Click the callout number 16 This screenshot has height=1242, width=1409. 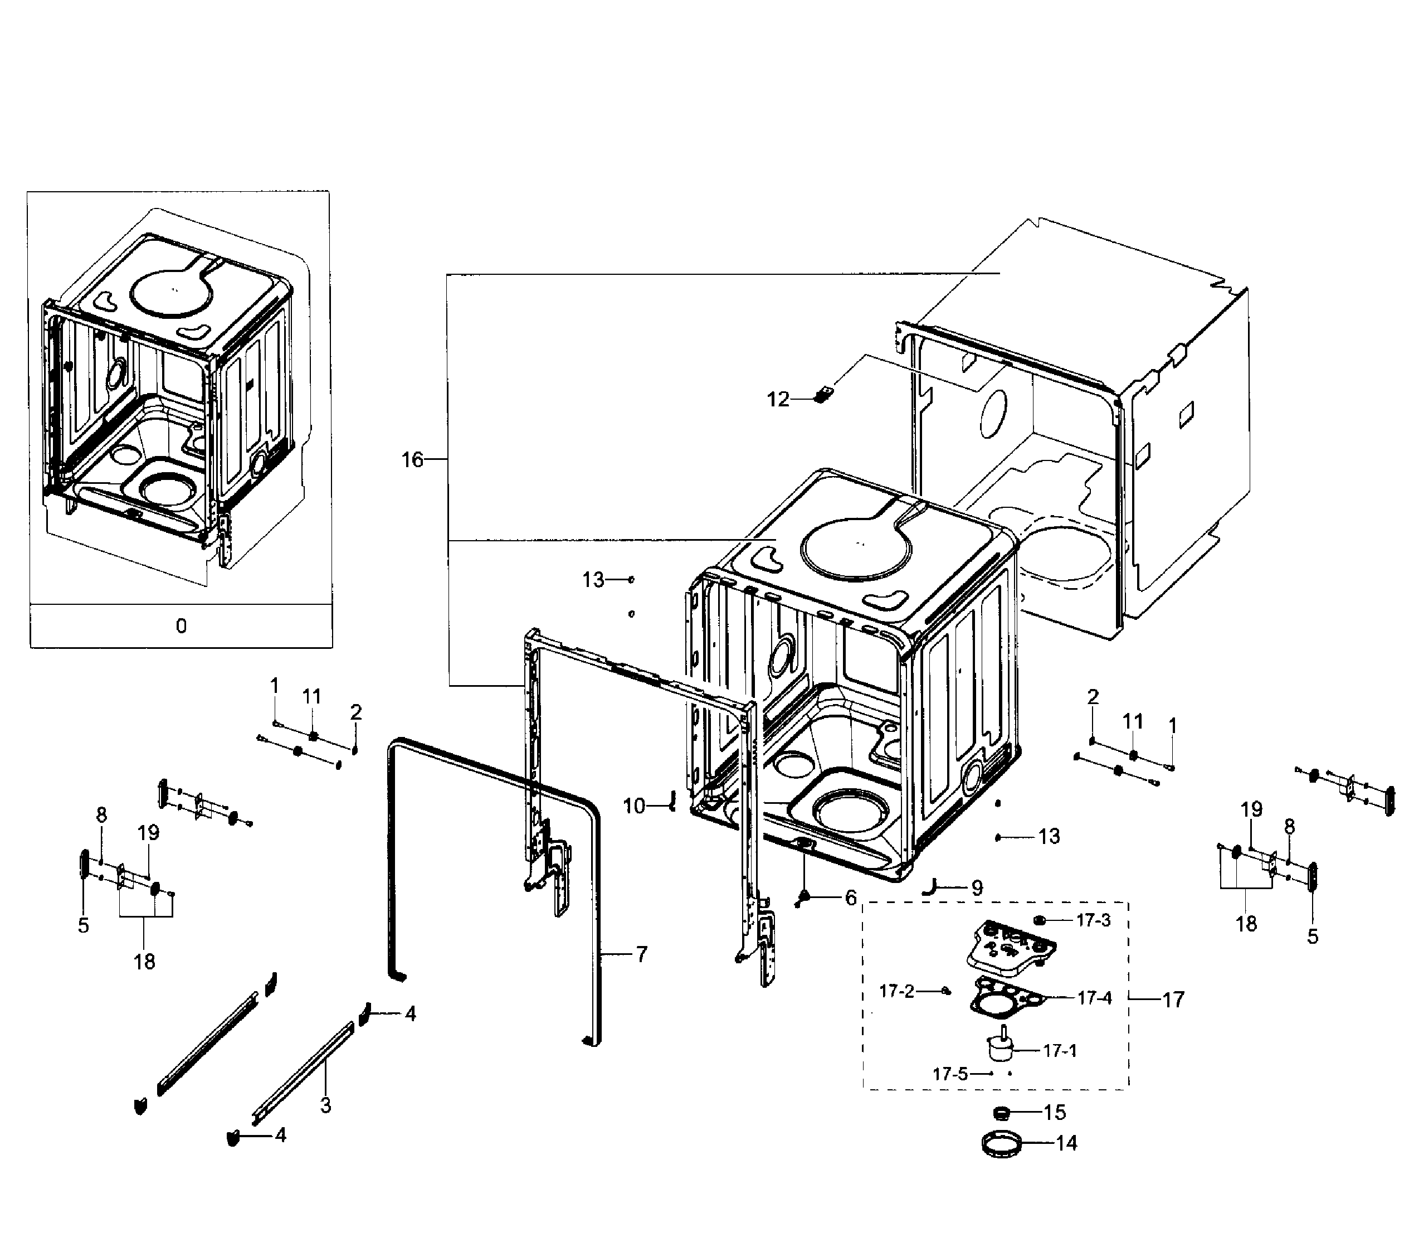(x=412, y=460)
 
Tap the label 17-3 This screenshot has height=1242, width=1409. (x=1094, y=920)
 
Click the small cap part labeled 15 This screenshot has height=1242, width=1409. (x=1001, y=1112)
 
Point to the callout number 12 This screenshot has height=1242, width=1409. (x=778, y=399)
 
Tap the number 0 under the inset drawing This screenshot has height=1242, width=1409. (x=181, y=626)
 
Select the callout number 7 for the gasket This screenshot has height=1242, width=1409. (x=642, y=954)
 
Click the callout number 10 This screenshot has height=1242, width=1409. (x=634, y=806)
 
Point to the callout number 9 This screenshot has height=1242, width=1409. (x=977, y=888)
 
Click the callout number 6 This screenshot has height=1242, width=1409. (x=851, y=898)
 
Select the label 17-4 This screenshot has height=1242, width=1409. (x=1095, y=998)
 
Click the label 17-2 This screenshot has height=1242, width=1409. (x=897, y=992)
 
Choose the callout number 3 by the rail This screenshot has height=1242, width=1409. (x=325, y=1105)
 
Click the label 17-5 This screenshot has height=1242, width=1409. (x=950, y=1074)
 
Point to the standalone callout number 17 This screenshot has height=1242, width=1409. (x=1173, y=1000)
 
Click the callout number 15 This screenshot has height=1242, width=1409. (x=1055, y=1112)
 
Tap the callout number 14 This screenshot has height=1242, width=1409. (x=1066, y=1143)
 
